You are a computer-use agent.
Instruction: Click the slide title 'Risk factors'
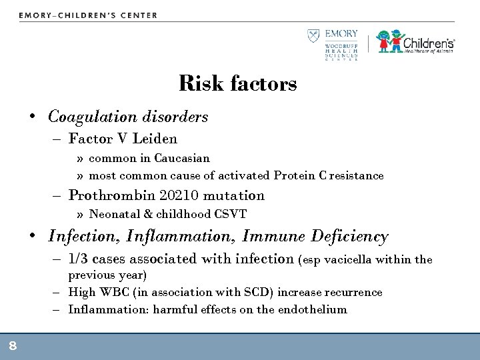coord(238,84)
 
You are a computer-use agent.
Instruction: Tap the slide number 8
coord(13,345)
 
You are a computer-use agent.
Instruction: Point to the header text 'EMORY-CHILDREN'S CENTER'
coord(89,15)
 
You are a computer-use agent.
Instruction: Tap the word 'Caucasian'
coord(182,159)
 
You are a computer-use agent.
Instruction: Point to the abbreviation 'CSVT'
coord(233,214)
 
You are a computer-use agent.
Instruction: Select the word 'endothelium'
coord(315,309)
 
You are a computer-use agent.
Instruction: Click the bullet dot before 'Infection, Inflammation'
coord(33,237)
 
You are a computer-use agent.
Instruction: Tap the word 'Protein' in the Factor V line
coord(294,176)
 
